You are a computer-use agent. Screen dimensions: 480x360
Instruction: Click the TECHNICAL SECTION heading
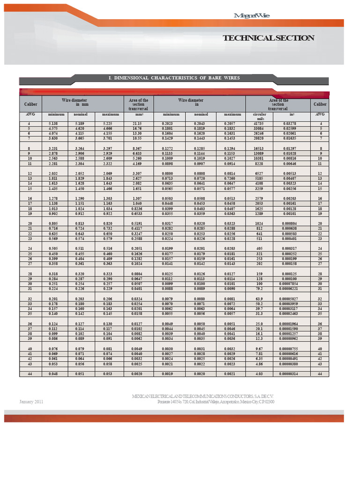[268, 38]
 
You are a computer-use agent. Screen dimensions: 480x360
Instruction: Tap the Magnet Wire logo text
[252, 16]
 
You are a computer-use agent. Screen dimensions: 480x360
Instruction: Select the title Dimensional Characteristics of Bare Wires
[174, 78]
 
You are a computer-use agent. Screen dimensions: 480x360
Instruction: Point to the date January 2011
[31, 402]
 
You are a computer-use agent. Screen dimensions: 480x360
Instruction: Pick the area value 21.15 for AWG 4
[138, 123]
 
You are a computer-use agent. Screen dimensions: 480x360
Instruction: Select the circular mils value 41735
[259, 123]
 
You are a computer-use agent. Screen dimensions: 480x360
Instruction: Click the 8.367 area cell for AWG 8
[138, 148]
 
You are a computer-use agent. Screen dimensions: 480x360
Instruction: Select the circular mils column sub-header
[259, 116]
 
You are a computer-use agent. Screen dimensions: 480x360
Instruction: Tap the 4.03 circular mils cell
[259, 374]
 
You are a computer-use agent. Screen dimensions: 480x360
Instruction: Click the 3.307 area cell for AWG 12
[138, 173]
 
